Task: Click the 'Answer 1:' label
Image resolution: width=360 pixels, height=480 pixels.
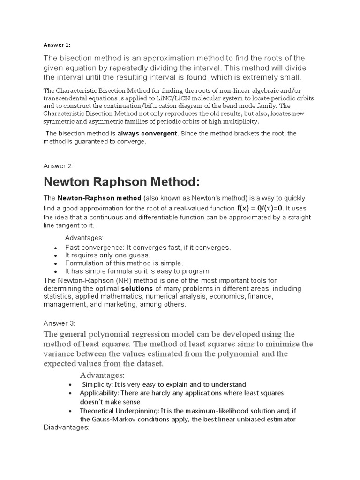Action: [57, 45]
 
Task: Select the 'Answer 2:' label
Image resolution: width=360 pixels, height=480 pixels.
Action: [59, 165]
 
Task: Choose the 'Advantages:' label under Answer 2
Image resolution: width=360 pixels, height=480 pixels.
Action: [84, 238]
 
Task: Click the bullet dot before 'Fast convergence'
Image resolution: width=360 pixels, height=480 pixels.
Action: [56, 248]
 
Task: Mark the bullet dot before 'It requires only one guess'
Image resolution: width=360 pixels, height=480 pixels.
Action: [56, 256]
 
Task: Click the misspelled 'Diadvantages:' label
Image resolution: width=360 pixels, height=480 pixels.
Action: [66, 427]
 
